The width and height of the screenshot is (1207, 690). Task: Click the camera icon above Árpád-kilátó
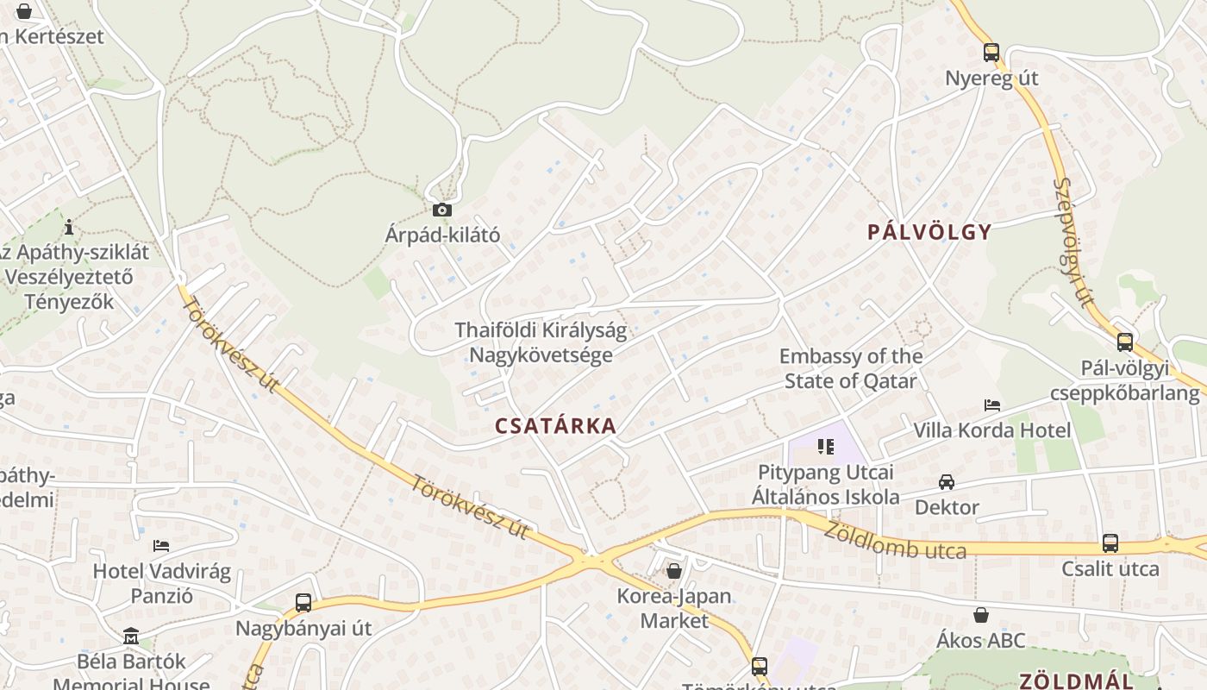point(441,210)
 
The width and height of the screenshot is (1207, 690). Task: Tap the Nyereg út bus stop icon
point(991,53)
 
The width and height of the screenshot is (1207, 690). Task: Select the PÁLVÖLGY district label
point(929,231)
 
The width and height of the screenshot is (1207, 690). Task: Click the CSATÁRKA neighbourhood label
point(556,425)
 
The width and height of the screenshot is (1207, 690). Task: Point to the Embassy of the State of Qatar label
point(850,368)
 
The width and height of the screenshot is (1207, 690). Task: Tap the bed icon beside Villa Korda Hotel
point(992,405)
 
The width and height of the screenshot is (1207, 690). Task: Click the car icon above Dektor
point(947,482)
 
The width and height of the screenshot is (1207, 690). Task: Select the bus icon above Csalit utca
point(1110,543)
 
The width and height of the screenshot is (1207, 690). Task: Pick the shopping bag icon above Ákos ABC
point(981,615)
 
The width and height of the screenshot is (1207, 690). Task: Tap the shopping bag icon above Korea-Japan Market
point(674,571)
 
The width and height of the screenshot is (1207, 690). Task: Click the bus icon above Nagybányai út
point(303,603)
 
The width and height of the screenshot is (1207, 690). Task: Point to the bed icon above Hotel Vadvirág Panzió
point(161,546)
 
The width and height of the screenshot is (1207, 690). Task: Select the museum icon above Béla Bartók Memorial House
point(131,637)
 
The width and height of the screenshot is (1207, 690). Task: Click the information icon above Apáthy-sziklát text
point(69,227)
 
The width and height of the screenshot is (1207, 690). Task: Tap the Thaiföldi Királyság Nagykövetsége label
point(541,342)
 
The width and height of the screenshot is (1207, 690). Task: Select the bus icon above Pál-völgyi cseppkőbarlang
point(1124,342)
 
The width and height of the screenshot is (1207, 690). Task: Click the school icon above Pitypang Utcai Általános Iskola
point(826,447)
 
